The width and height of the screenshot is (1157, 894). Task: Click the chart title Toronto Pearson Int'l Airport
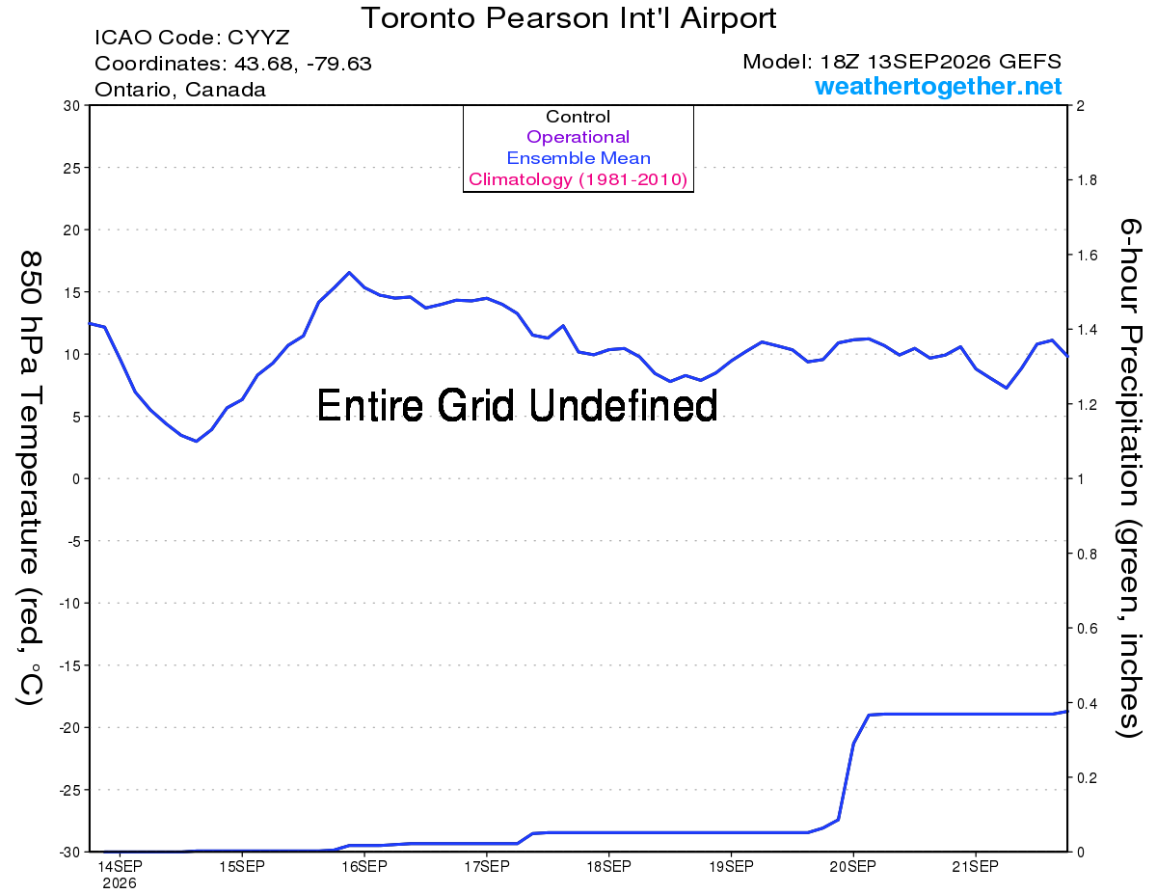pyautogui.click(x=568, y=18)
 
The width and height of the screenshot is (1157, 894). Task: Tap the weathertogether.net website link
pyautogui.click(x=938, y=86)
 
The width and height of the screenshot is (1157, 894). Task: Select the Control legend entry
pyautogui.click(x=578, y=117)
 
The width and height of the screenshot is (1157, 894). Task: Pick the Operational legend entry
pyautogui.click(x=578, y=137)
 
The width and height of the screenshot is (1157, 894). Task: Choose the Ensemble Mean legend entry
pyautogui.click(x=578, y=158)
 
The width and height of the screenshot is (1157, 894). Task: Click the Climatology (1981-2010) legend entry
pyautogui.click(x=578, y=179)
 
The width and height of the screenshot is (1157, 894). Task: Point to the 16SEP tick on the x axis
pyautogui.click(x=364, y=866)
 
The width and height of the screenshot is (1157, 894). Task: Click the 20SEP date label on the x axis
pyautogui.click(x=852, y=866)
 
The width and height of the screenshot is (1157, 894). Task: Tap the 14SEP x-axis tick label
pyautogui.click(x=120, y=866)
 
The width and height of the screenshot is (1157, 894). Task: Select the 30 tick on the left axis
pyautogui.click(x=71, y=106)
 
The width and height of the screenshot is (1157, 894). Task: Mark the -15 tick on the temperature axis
pyautogui.click(x=69, y=665)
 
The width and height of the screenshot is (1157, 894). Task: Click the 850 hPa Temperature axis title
pyautogui.click(x=30, y=478)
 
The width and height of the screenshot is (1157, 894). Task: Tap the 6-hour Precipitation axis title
pyautogui.click(x=1129, y=477)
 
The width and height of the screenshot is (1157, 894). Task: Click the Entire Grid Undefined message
pyautogui.click(x=517, y=406)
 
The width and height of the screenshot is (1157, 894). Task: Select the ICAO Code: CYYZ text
pyautogui.click(x=192, y=38)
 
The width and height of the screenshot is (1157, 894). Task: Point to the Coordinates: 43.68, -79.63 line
pyautogui.click(x=232, y=64)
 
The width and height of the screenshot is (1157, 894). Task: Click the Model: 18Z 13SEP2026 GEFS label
pyautogui.click(x=901, y=62)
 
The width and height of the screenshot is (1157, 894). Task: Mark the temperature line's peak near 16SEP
pyautogui.click(x=349, y=272)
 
